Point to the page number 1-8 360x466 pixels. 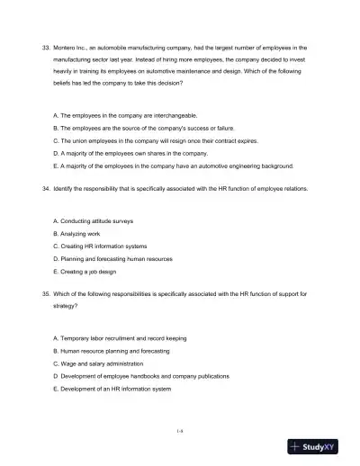(x=180, y=431)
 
